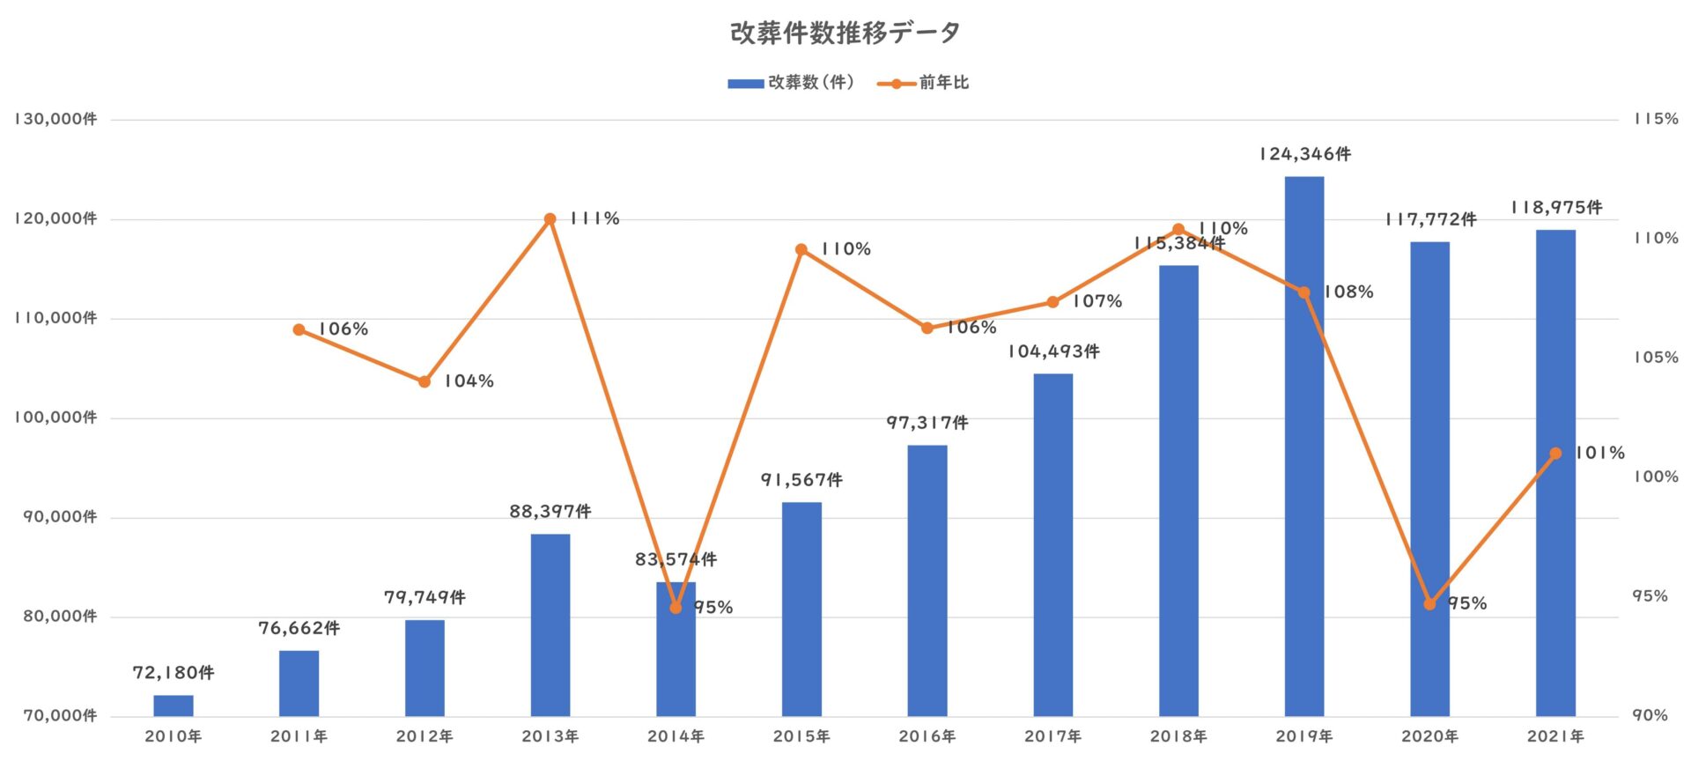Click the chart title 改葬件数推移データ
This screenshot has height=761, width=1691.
845,33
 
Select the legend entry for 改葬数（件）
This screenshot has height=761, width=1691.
791,83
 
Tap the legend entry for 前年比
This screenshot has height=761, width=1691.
924,83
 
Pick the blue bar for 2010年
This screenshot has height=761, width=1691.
174,706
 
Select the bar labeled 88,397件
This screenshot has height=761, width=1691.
550,624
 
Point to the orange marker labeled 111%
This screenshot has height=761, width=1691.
550,219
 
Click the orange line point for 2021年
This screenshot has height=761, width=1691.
1555,454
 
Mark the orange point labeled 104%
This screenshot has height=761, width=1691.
425,382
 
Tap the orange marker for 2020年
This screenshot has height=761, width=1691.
1429,604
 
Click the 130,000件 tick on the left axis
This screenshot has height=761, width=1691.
55,120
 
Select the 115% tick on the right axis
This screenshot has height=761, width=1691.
1656,119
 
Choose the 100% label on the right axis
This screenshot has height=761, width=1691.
1656,477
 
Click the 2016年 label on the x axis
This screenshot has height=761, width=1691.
927,736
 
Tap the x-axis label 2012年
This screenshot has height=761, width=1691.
425,736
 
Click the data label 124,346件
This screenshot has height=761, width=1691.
1304,154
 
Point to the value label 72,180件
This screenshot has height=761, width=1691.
174,673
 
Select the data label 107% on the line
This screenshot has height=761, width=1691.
1097,301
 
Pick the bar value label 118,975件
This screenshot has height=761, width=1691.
1556,208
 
